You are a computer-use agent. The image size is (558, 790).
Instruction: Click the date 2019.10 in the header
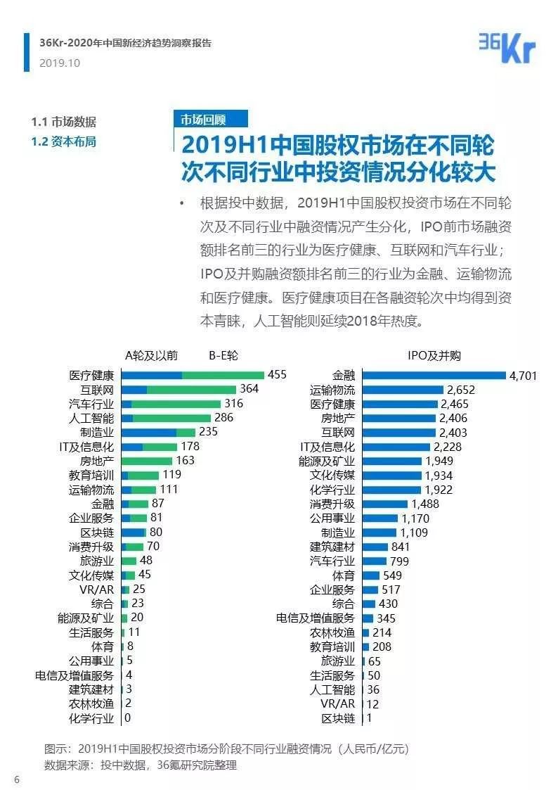click(60, 63)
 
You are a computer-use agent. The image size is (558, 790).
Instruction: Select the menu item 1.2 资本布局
click(64, 141)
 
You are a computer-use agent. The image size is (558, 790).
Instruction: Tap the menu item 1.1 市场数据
click(64, 122)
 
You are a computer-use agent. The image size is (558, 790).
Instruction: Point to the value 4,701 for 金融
click(523, 376)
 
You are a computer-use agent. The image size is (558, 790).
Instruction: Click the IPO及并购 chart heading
click(434, 355)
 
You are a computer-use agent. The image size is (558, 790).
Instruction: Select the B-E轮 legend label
click(223, 355)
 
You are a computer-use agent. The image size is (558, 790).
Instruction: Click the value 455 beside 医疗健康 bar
click(277, 375)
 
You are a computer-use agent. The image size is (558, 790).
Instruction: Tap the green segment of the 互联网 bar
click(191, 389)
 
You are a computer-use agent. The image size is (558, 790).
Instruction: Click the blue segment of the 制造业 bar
click(148, 433)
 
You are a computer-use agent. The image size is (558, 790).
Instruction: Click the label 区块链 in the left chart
click(98, 533)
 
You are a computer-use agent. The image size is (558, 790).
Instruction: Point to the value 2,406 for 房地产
click(453, 419)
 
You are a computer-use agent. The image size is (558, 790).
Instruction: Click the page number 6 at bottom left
click(15, 778)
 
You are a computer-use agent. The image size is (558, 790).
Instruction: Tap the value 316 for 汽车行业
click(233, 404)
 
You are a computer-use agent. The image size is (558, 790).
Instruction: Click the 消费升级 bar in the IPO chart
click(384, 504)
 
